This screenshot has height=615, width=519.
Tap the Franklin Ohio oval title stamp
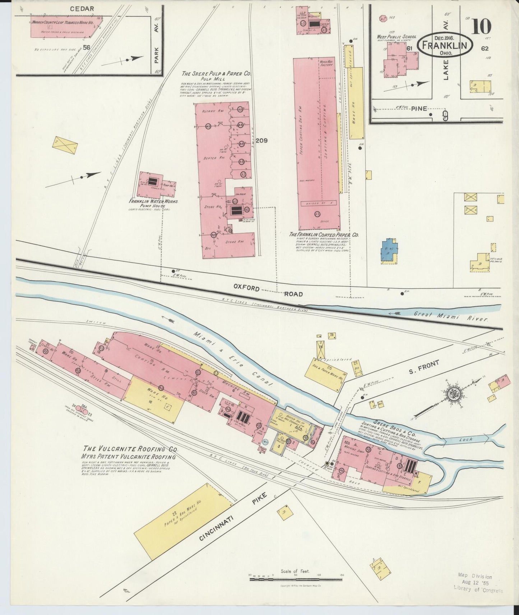click(445, 45)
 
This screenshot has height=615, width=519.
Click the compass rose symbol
click(455, 392)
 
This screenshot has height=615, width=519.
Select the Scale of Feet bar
click(296, 579)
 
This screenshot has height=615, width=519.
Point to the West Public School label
click(396, 37)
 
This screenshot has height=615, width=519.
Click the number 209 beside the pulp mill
click(261, 141)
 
